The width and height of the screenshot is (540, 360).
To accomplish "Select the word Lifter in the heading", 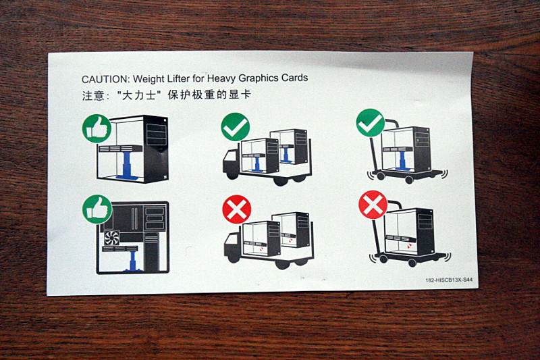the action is click(178, 79).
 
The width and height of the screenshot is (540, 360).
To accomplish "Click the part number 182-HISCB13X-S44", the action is click(449, 280).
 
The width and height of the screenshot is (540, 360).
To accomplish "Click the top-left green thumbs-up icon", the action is click(97, 128).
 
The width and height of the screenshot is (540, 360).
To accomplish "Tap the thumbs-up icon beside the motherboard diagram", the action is click(97, 209).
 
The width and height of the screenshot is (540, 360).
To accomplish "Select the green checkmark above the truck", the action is click(236, 126).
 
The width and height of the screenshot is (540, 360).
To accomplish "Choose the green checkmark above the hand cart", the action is click(371, 123).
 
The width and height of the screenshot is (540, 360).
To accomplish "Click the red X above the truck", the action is click(237, 209).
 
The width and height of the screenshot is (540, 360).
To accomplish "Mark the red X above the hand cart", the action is click(373, 205).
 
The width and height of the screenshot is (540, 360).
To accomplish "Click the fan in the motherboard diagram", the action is click(111, 238).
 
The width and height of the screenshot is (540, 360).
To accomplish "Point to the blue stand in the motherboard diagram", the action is click(132, 261).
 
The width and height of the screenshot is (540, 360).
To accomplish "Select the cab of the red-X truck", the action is click(232, 244).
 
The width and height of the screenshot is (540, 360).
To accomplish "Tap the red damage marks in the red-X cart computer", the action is click(409, 245).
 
